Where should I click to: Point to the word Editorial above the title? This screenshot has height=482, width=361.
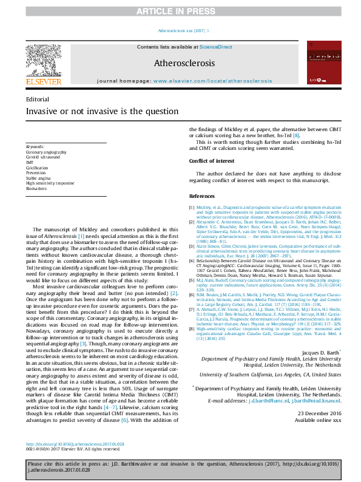(x=38, y=98)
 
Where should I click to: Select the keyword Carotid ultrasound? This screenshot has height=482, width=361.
(x=42, y=156)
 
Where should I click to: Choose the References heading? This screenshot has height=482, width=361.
(x=201, y=196)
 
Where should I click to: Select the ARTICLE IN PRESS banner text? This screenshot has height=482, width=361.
(x=180, y=11)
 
